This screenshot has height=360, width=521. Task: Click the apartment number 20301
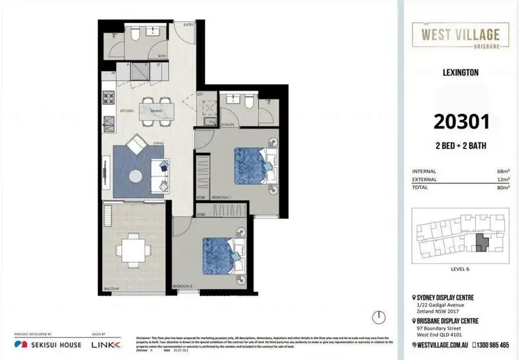(462, 122)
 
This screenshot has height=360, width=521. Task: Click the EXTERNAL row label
(424, 179)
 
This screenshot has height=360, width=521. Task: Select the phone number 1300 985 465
(490, 345)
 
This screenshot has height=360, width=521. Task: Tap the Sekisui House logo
(47, 345)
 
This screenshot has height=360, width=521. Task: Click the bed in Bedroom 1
(252, 166)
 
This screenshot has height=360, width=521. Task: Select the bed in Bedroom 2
(222, 253)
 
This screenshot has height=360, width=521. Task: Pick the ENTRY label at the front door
(188, 25)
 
